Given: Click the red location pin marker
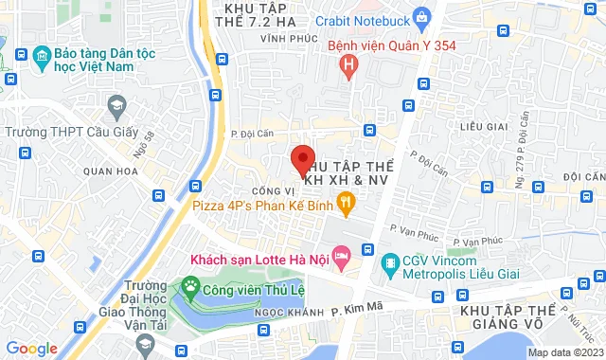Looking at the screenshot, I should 302,161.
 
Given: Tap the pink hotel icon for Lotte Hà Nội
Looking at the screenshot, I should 343,256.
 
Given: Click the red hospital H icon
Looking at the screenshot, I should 348,66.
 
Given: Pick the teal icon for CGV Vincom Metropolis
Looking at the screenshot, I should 388,261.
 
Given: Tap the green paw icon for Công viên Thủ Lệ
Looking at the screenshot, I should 191,284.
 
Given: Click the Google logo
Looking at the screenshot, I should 31,348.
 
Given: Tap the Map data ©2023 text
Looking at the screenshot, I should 563,352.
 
